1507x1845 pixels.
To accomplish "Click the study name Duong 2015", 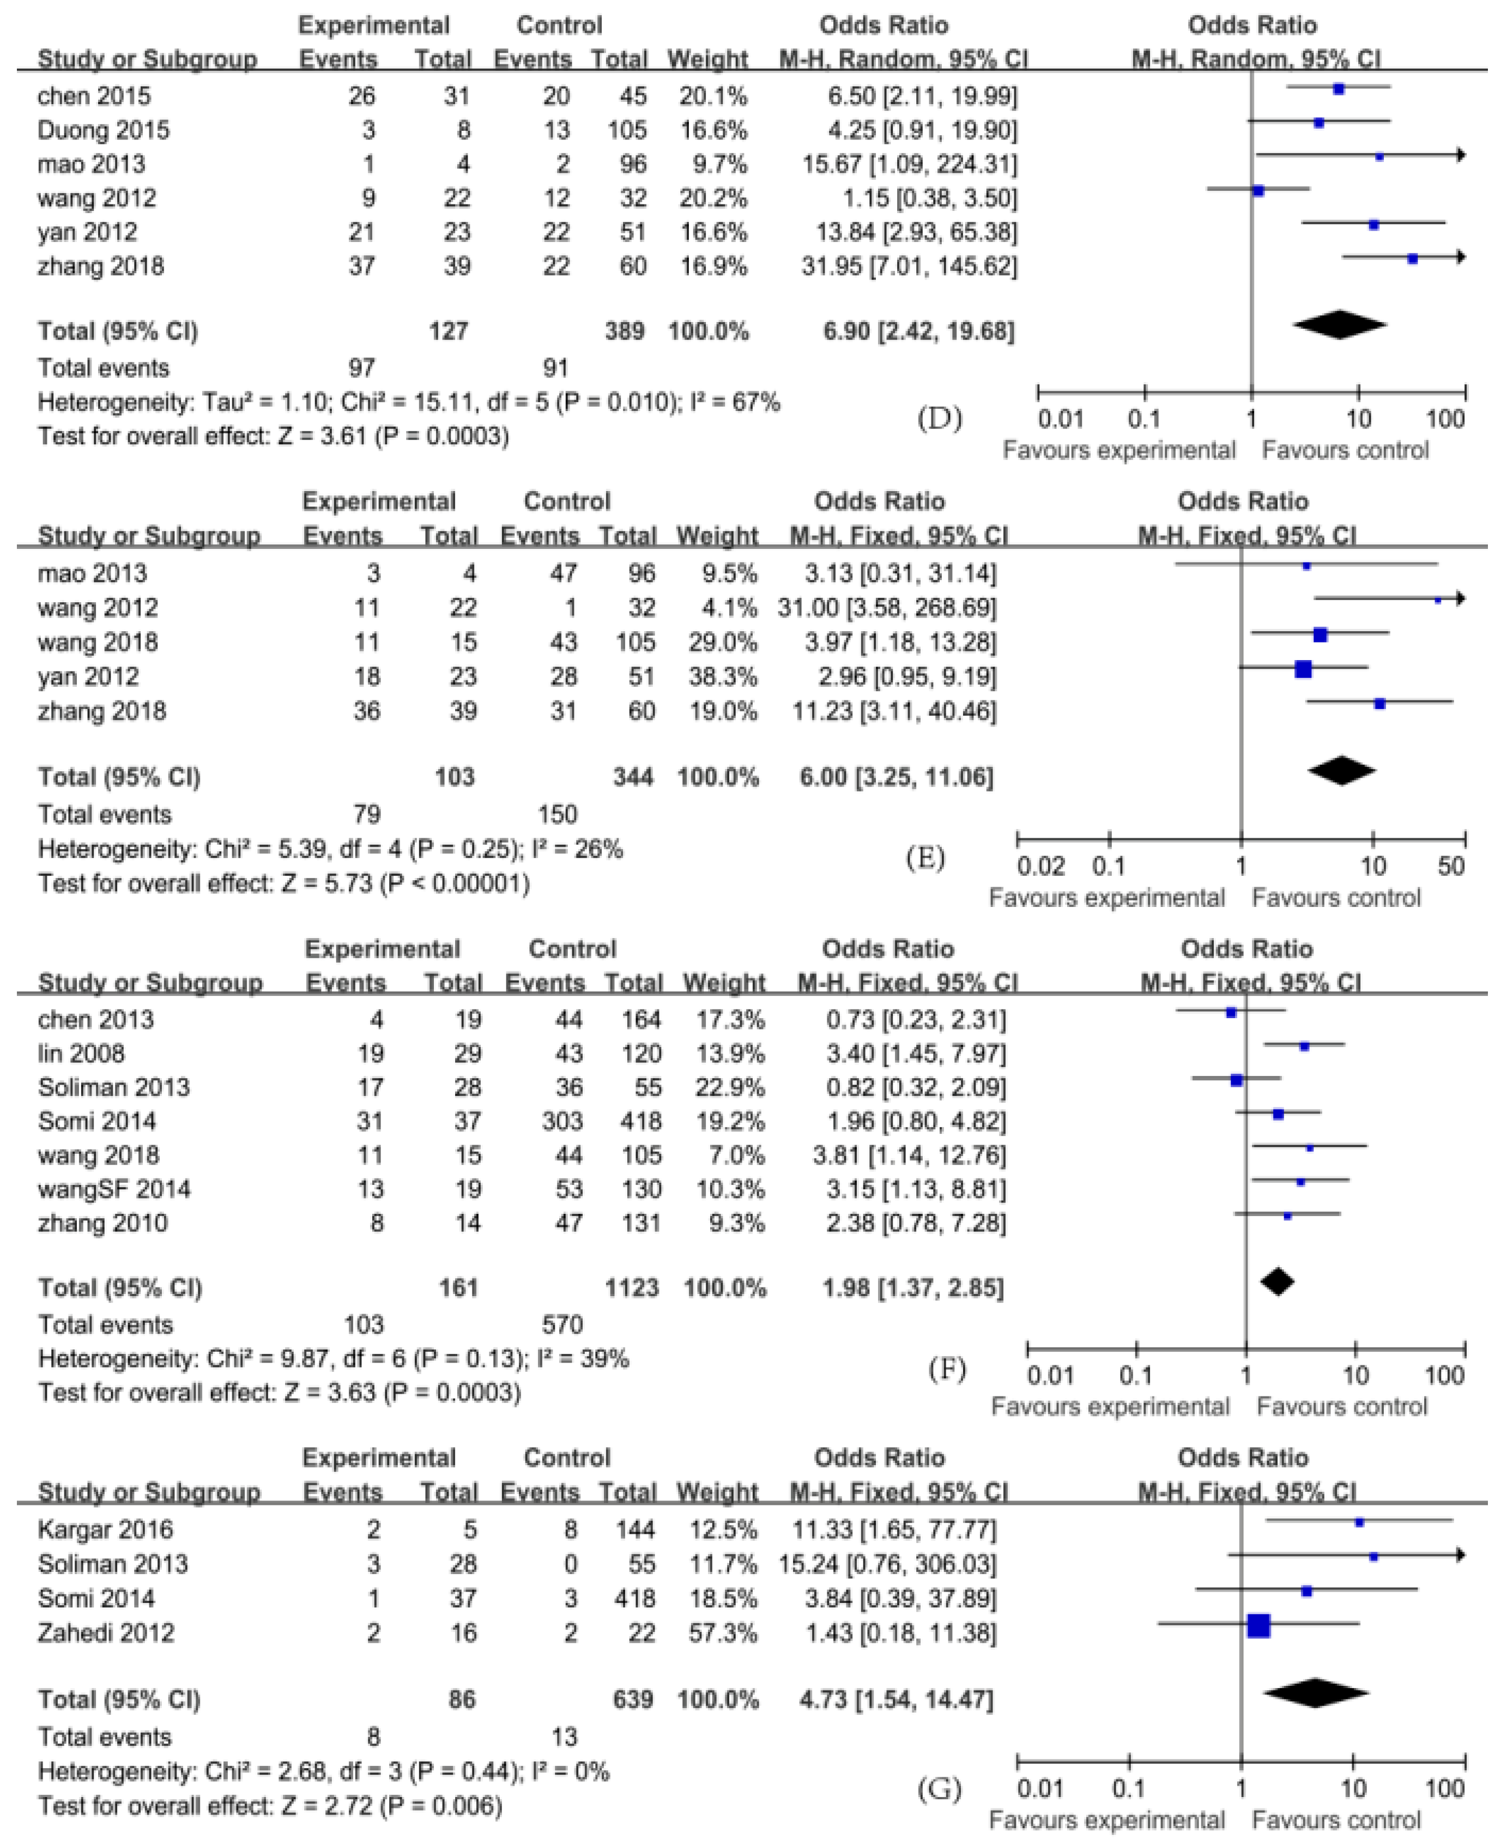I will click(x=104, y=130).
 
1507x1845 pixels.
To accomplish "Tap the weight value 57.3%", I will click(x=718, y=1632).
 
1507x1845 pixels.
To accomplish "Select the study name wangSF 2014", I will click(x=114, y=1189).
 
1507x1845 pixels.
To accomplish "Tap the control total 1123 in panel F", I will click(x=632, y=1287).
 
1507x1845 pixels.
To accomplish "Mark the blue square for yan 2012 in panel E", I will click(x=1303, y=669).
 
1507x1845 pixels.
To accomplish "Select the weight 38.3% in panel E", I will click(x=718, y=676).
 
